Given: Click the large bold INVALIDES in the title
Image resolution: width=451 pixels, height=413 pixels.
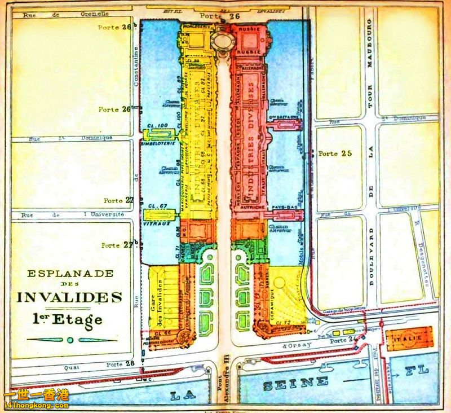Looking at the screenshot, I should pos(69,297).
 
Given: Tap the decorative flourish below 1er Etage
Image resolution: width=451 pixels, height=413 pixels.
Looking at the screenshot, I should pos(69,340).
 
